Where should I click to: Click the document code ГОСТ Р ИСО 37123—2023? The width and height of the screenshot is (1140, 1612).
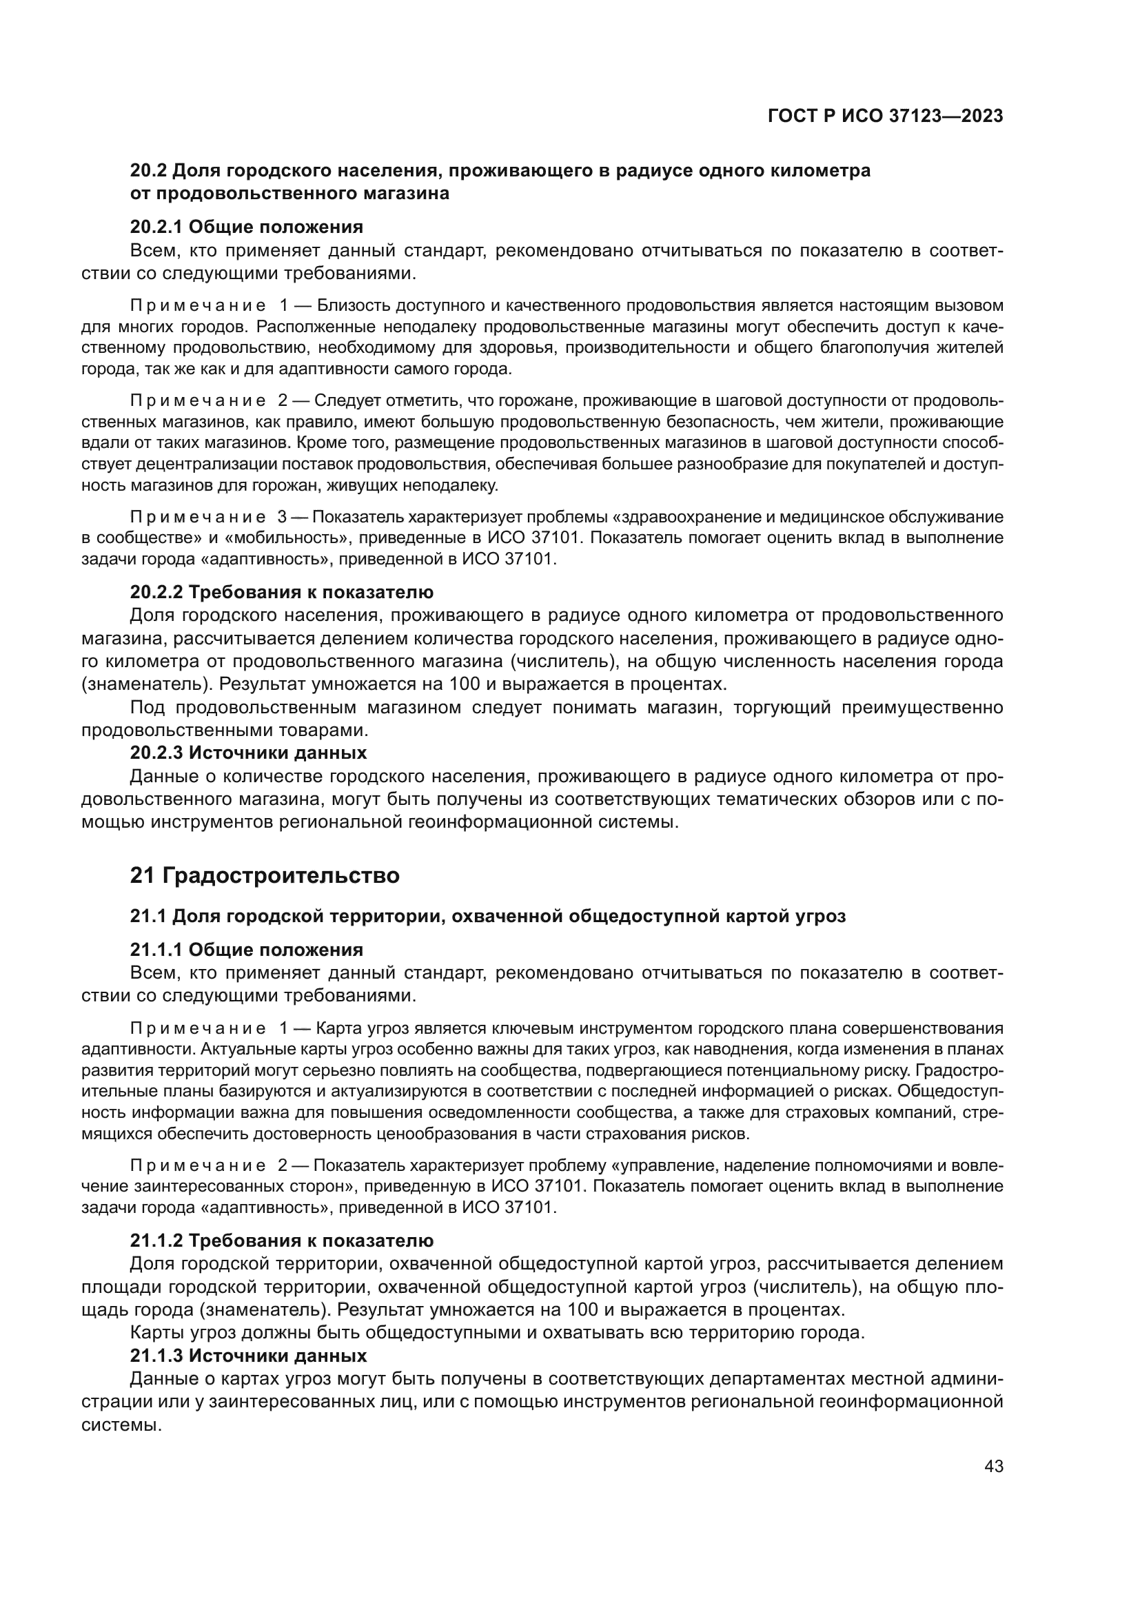point(885,116)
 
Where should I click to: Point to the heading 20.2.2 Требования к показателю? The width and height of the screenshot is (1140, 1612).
point(281,592)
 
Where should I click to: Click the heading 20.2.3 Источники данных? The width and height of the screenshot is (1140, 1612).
point(248,753)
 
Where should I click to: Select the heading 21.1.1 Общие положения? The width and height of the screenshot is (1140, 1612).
point(246,950)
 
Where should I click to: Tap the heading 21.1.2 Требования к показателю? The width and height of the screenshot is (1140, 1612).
point(281,1241)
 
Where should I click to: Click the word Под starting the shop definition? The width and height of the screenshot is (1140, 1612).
point(147,707)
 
